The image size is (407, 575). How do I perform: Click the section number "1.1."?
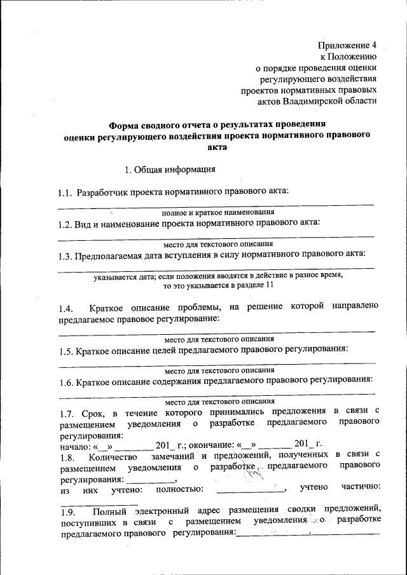point(65,191)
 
